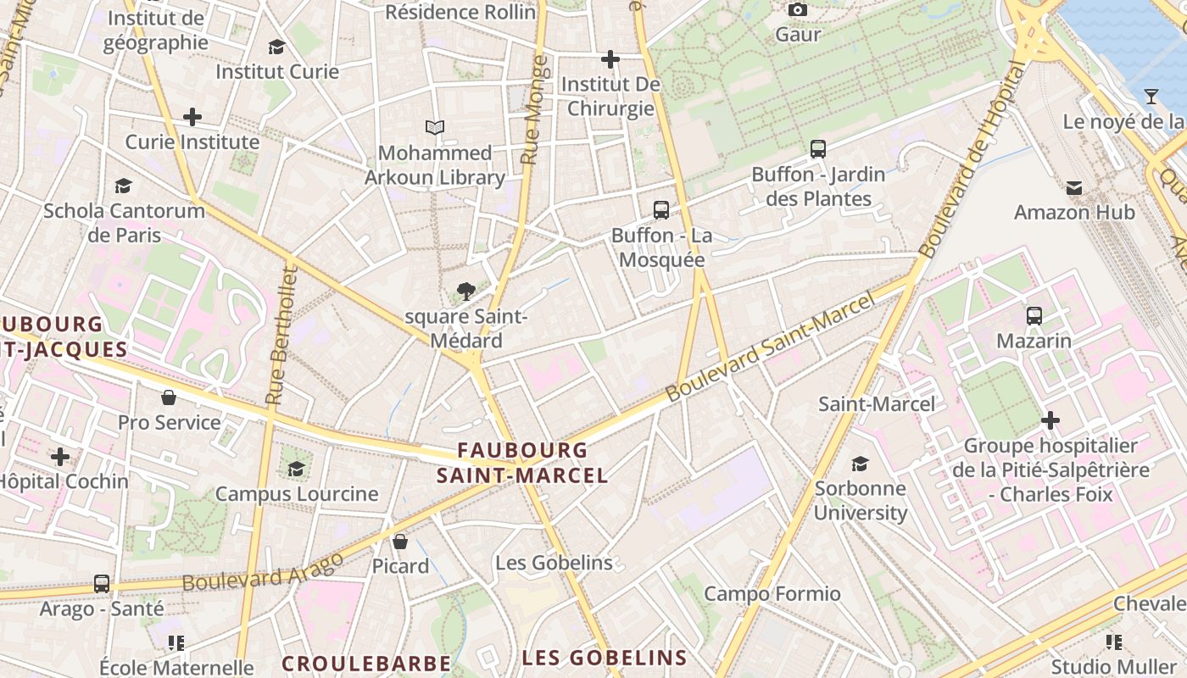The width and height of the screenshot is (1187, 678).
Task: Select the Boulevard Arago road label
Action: [263, 572]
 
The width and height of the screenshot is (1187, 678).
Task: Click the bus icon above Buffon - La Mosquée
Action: [660, 209]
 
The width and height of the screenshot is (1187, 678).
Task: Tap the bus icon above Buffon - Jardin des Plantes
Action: [818, 149]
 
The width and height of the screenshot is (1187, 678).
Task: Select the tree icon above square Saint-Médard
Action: [465, 292]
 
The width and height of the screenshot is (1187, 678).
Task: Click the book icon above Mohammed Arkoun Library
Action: [435, 128]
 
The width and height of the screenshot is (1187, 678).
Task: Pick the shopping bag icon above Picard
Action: [400, 541]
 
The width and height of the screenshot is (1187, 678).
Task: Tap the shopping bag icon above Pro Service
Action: [169, 397]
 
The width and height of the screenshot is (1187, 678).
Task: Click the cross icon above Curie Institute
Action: [192, 117]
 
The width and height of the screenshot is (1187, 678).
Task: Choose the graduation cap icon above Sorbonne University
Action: [860, 464]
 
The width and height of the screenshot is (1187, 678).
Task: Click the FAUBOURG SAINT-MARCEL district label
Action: [522, 463]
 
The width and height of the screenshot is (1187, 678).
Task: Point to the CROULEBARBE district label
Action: [366, 663]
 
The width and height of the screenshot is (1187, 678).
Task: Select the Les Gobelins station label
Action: [554, 563]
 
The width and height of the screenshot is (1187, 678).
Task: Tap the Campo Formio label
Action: [772, 593]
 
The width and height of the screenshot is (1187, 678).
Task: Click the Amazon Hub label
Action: [1074, 212]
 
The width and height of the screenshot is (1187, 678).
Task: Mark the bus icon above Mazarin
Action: [1034, 316]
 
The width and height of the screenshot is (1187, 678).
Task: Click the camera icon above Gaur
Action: [797, 10]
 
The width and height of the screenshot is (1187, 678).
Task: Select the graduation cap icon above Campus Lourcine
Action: [296, 469]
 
